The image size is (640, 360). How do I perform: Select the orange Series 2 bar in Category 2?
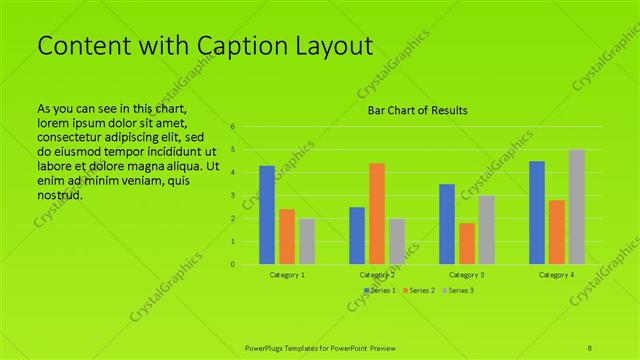pos(376,213)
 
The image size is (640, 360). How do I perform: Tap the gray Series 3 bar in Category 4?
pos(577,207)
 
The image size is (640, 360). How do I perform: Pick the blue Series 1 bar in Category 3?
pos(447,224)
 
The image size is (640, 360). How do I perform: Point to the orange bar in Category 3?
pos(466,243)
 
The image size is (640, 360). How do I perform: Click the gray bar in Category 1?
pos(306,241)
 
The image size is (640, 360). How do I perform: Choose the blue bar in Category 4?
pos(537,212)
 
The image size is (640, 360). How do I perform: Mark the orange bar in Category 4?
pos(557,232)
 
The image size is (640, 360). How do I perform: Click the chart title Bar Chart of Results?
pos(413,110)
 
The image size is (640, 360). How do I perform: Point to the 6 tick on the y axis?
pos(232,127)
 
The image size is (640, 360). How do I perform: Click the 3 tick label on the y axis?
pos(232,196)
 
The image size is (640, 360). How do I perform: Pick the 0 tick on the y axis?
pos(232,265)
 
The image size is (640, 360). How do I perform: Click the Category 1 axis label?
pos(287,274)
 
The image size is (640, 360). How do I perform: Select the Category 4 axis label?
pos(557,274)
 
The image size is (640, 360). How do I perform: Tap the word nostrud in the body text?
pos(59,195)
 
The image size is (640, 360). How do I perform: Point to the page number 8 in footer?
pos(590,346)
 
